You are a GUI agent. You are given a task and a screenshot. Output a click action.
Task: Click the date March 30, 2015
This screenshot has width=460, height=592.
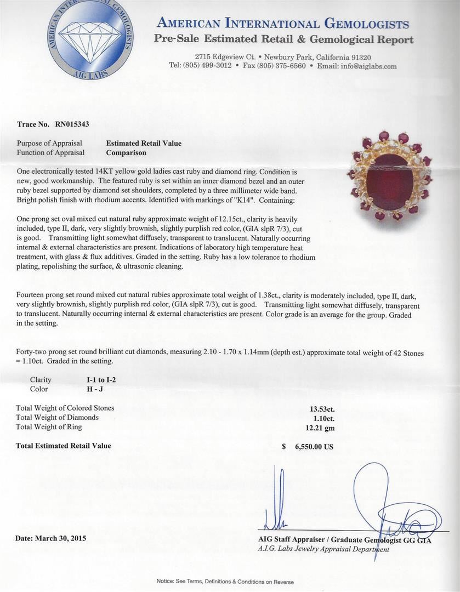[50, 538]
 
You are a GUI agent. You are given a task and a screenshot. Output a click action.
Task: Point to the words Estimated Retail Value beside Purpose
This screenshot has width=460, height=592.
[144, 144]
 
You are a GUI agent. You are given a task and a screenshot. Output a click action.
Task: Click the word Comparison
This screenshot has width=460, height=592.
[126, 153]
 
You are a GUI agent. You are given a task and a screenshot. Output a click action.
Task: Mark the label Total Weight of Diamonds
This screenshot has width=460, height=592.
[57, 418]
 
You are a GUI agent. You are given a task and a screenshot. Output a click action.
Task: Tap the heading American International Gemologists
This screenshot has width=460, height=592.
[283, 24]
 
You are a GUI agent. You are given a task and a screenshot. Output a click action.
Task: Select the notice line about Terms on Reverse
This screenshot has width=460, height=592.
[225, 582]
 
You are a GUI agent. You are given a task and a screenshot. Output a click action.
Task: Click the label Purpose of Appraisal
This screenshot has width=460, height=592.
[49, 144]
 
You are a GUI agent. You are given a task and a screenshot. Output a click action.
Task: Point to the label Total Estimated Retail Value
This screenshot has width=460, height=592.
[64, 446]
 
